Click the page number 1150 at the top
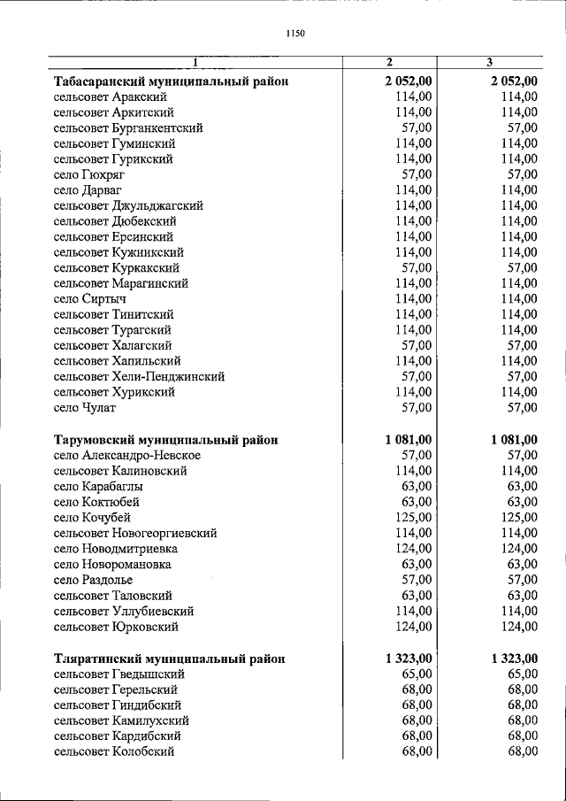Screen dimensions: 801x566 coord(295,34)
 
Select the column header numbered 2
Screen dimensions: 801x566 coord(389,62)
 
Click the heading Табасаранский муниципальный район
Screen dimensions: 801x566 coord(171,81)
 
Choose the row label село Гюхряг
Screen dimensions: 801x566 coord(89,174)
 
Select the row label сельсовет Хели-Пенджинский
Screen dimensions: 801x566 coord(139,376)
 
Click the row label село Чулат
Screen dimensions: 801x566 coord(85,407)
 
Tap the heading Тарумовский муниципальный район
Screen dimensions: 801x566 coord(165,439)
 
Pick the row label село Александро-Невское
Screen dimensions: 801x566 coord(126,455)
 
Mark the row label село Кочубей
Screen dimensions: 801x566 coord(93,517)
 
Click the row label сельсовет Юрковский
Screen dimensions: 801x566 coord(116,627)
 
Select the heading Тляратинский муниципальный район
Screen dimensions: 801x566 coord(169,659)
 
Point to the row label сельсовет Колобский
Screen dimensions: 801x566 coord(113,751)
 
